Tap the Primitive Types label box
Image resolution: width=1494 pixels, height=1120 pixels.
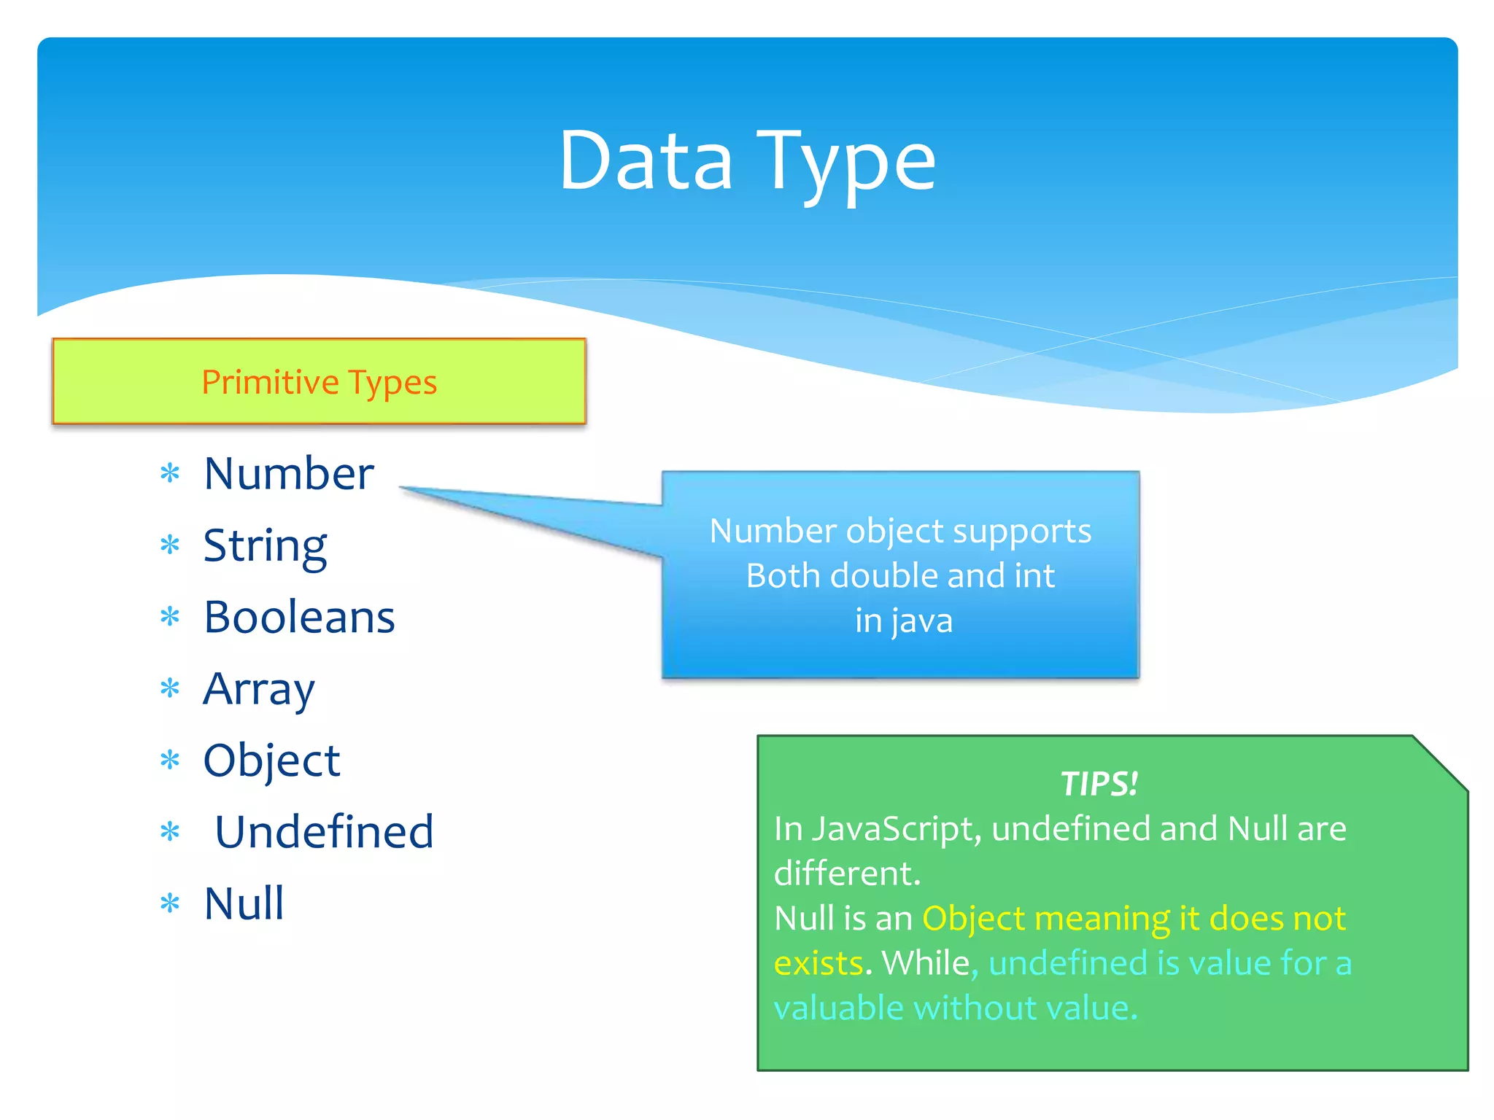[x=319, y=381]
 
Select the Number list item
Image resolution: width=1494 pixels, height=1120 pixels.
[x=288, y=474]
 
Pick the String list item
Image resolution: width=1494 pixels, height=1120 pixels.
[x=265, y=545]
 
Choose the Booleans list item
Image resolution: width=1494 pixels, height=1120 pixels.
[x=299, y=618]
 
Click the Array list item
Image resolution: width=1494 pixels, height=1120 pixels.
[x=259, y=689]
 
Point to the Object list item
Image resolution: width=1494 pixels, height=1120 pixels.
[x=271, y=761]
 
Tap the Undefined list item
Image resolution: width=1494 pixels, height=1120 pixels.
[x=324, y=832]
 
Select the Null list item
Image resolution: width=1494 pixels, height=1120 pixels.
[x=244, y=903]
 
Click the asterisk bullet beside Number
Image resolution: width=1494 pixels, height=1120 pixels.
[x=170, y=474]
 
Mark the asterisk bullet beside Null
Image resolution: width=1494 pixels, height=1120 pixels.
[x=170, y=904]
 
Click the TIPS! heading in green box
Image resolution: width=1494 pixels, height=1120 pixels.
[x=1099, y=784]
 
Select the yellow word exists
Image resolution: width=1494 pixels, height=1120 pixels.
[x=818, y=963]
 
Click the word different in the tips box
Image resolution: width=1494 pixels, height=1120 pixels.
[x=846, y=874]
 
